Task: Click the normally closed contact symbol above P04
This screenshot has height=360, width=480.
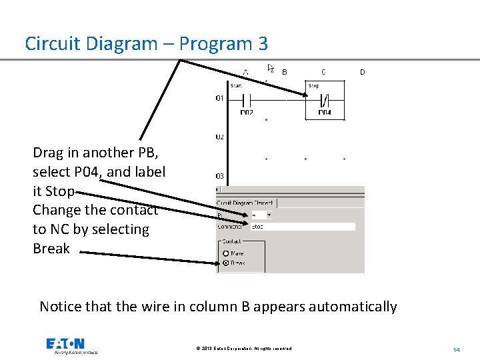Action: tap(324, 100)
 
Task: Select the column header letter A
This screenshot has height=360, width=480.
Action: tap(245, 71)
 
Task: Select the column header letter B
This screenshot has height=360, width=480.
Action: tap(285, 71)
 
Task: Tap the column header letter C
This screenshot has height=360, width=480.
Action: tap(323, 71)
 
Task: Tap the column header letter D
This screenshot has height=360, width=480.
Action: tap(362, 71)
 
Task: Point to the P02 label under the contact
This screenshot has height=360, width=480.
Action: tap(247, 113)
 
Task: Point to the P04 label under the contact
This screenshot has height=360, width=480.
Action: tap(324, 113)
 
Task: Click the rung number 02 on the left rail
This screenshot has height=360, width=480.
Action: tap(219, 137)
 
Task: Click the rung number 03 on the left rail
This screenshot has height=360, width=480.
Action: tap(219, 176)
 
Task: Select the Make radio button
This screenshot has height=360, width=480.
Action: tap(226, 253)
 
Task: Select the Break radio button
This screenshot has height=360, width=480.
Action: tap(226, 263)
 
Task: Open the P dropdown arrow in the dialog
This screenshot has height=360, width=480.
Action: tap(269, 215)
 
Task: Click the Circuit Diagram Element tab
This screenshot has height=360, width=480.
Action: tap(246, 203)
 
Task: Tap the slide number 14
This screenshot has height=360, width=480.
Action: tap(457, 349)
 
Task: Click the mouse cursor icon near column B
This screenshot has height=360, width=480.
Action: tap(271, 68)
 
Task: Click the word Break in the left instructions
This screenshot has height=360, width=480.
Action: tap(51, 249)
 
